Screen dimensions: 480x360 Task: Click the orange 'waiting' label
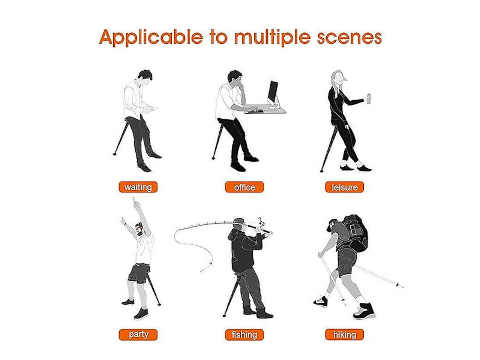138,187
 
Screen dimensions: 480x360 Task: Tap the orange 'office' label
244,187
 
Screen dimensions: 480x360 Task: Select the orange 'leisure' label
344,187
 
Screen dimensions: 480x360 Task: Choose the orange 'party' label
138,335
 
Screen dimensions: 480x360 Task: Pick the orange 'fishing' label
244,335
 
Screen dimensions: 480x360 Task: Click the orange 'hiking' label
344,335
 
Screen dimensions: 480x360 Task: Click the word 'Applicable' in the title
151,37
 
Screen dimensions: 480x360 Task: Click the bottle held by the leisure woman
368,99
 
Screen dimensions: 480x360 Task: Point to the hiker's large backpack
355,233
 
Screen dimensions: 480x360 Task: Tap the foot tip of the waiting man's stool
115,154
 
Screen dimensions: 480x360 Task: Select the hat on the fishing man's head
238,221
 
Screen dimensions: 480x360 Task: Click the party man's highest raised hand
134,202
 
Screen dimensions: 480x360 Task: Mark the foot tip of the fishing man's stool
224,315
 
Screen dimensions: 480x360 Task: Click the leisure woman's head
337,78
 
